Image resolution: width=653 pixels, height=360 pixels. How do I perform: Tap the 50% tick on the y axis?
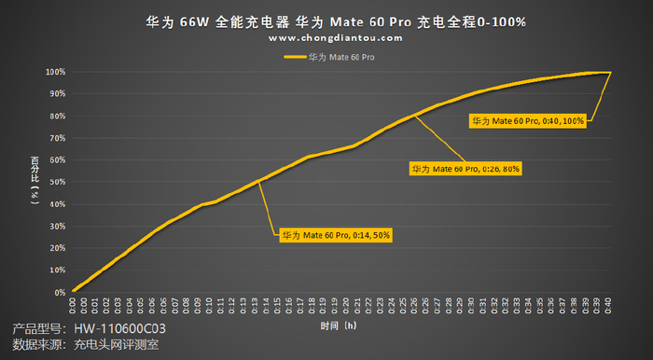click(x=56, y=182)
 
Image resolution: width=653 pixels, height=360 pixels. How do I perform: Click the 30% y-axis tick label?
click(x=56, y=227)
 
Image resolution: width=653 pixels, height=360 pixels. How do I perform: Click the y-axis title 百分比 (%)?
click(x=34, y=182)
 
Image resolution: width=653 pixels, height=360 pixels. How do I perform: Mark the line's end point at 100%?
click(x=610, y=72)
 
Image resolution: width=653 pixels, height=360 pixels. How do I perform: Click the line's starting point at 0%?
click(x=73, y=291)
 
